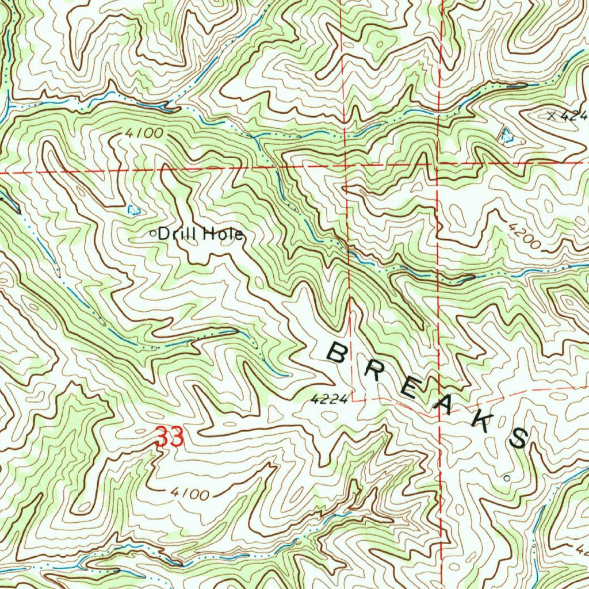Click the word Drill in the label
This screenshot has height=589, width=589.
tap(177, 234)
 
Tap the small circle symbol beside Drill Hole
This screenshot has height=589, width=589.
tap(153, 234)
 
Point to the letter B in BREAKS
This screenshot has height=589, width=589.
tap(337, 352)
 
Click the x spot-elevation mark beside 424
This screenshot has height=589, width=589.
tap(553, 115)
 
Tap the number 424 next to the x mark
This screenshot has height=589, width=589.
tap(575, 116)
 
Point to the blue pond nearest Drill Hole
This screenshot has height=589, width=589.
tap(133, 210)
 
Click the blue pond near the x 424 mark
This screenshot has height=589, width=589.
tap(506, 136)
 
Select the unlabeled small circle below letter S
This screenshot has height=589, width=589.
tap(506, 477)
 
